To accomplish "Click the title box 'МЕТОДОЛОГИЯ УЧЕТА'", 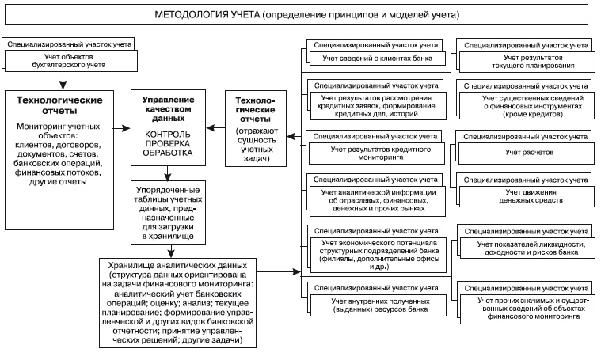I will tap(301, 14).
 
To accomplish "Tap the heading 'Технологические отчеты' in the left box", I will tap(57, 107).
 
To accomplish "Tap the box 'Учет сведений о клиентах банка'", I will tap(372, 59).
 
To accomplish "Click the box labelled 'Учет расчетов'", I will tap(530, 150).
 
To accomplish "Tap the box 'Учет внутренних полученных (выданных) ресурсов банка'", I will tap(372, 306).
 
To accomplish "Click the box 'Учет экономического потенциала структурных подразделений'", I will tap(372, 254).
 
